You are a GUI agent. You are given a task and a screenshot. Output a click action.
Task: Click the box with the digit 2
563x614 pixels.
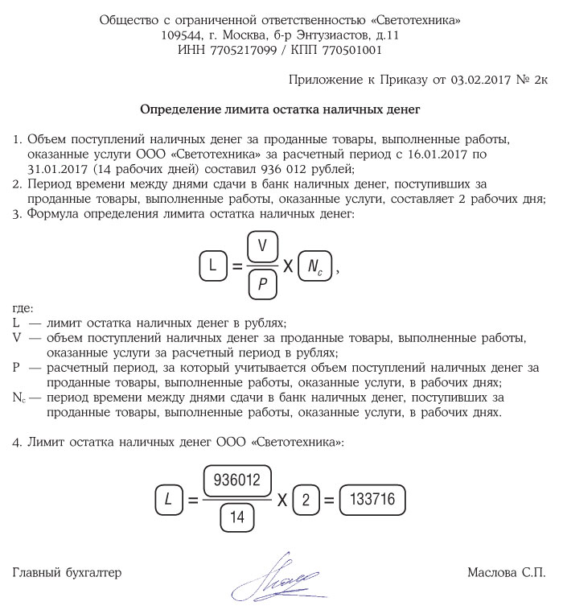[x=305, y=500]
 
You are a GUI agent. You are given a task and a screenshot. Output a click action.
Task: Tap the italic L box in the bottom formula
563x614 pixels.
[x=168, y=500]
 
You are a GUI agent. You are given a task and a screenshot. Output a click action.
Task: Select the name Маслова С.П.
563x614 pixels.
[x=506, y=573]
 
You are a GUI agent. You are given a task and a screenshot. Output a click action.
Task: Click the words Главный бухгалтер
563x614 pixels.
[x=67, y=573]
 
